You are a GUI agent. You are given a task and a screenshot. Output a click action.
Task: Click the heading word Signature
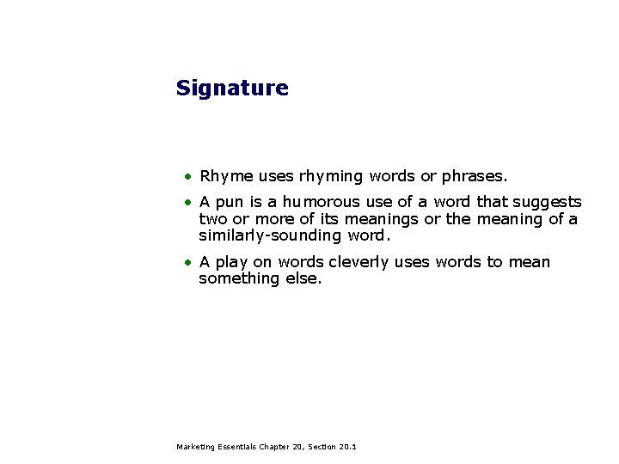pyautogui.click(x=232, y=89)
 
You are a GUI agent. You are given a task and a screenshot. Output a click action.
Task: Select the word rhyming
pyautogui.click(x=331, y=176)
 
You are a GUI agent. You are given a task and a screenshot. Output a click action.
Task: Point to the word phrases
pyautogui.click(x=474, y=176)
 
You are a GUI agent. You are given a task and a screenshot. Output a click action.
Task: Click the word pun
pyautogui.click(x=230, y=203)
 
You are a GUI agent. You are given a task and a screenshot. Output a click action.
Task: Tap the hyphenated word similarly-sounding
pyautogui.click(x=270, y=235)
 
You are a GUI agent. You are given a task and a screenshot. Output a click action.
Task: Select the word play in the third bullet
pyautogui.click(x=231, y=262)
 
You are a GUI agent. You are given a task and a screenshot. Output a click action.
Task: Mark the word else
pyautogui.click(x=303, y=278)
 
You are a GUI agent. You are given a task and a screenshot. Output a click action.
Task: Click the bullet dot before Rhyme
pyautogui.click(x=186, y=177)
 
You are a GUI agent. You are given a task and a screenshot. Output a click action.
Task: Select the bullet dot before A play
pyautogui.click(x=186, y=263)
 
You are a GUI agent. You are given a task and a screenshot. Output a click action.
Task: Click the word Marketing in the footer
pyautogui.click(x=193, y=447)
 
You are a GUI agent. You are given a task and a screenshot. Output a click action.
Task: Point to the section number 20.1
pyautogui.click(x=347, y=447)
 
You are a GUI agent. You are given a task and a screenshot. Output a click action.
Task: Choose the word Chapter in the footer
pyautogui.click(x=275, y=447)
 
